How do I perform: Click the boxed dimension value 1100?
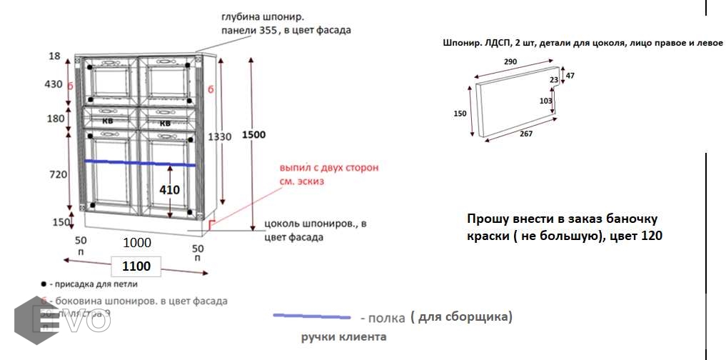pyautogui.click(x=136, y=266)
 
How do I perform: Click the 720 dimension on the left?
pyautogui.click(x=56, y=174)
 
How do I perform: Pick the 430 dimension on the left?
pyautogui.click(x=54, y=84)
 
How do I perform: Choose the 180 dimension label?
pyautogui.click(x=56, y=119)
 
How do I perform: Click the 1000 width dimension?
pyautogui.click(x=136, y=243)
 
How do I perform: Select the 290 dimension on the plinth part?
pyautogui.click(x=510, y=62)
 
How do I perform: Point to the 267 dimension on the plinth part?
pyautogui.click(x=526, y=133)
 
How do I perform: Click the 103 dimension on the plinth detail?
pyautogui.click(x=545, y=101)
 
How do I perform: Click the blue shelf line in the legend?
pyautogui.click(x=312, y=316)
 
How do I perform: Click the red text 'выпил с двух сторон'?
pyautogui.click(x=329, y=168)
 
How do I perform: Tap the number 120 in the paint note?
pyautogui.click(x=650, y=236)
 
